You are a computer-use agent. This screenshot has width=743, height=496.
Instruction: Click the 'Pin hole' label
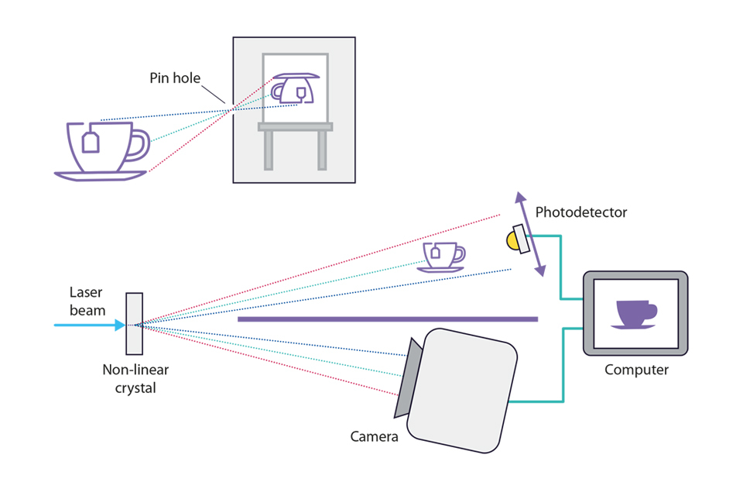[175, 78]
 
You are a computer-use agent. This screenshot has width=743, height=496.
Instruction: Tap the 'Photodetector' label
[581, 212]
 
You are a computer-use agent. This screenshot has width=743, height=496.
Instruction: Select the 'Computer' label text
[636, 370]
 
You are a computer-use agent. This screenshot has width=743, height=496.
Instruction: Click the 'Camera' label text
[374, 436]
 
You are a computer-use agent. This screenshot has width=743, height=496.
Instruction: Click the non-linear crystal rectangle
[134, 324]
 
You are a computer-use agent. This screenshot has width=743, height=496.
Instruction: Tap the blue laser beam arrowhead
[119, 325]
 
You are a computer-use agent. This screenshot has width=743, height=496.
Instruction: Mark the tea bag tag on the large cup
[91, 143]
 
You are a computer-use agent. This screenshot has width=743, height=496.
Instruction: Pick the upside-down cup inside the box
[295, 87]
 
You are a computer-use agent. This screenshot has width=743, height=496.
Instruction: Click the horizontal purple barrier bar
[387, 319]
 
